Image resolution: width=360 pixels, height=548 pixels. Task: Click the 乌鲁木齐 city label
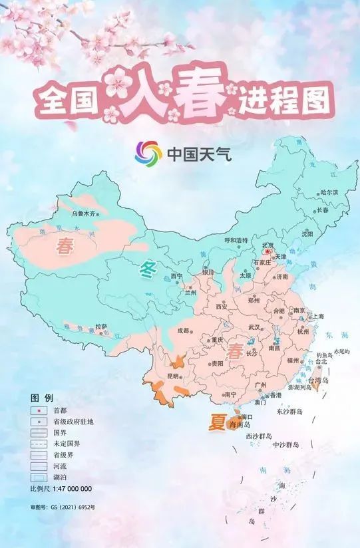click(x=84, y=213)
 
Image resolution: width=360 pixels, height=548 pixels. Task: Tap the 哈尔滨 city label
click(x=329, y=192)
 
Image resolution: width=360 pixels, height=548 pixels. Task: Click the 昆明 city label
click(x=173, y=376)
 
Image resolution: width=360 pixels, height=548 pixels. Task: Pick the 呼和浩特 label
click(x=236, y=240)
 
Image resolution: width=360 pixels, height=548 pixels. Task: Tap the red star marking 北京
click(x=268, y=252)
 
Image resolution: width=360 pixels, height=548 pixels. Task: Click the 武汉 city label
click(x=254, y=327)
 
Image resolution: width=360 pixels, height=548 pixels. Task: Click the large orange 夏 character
click(x=216, y=422)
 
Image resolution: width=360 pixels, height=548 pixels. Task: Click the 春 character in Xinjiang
click(x=65, y=247)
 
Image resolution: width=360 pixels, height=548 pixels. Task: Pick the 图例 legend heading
click(x=38, y=397)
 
